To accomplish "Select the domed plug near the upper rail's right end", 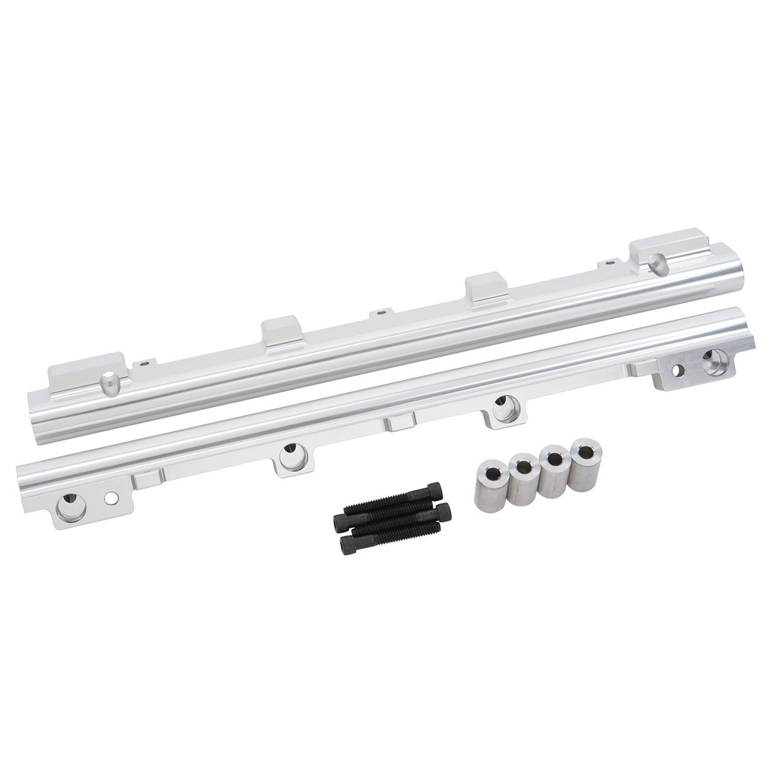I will [657, 264].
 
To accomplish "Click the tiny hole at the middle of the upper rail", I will [381, 311].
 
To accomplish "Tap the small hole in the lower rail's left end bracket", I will [111, 498].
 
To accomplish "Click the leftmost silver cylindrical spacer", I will [489, 489].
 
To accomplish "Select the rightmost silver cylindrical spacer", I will [585, 464].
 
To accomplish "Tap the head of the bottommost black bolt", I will [348, 546].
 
